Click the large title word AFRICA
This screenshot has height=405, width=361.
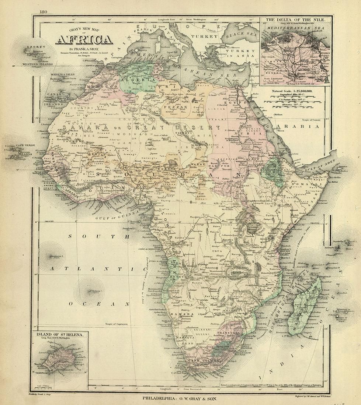84,40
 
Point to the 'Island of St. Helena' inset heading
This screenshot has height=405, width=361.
59,334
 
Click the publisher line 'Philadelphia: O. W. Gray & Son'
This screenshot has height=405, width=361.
180,398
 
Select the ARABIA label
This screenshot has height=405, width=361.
309,126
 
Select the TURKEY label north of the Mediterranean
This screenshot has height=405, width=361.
202,37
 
